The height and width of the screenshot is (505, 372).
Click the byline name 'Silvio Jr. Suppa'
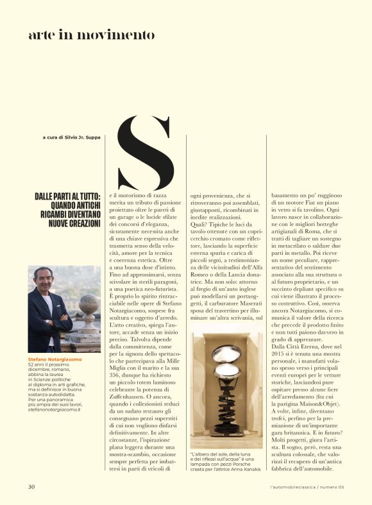point(83,137)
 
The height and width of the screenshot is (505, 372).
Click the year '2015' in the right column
point(280,370)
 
